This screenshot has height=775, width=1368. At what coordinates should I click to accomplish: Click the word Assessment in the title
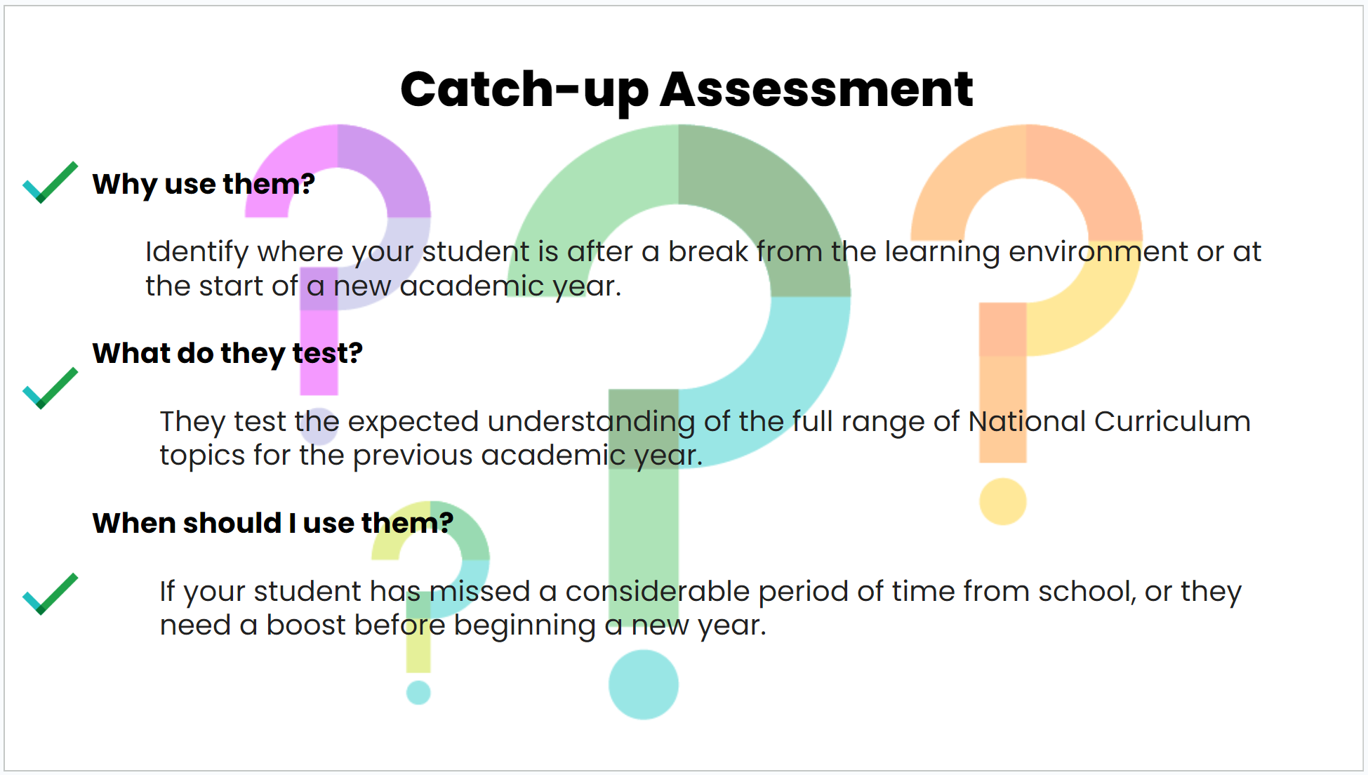(816, 89)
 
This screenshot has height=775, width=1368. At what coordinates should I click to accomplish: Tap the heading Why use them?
(204, 184)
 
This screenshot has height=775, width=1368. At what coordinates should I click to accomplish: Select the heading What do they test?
(227, 353)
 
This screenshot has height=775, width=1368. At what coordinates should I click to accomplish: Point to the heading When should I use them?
(273, 523)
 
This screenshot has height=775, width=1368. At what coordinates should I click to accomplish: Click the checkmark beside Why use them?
(51, 183)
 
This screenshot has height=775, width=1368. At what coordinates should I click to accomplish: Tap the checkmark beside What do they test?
(51, 388)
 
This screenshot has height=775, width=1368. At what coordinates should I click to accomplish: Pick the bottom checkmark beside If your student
(51, 594)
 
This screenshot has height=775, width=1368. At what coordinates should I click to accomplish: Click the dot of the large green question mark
(644, 684)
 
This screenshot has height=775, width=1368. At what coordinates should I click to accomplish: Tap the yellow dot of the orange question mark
(1003, 501)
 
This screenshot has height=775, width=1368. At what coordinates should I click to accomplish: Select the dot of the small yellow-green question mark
(418, 692)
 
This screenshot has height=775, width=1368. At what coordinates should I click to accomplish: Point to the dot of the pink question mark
(319, 426)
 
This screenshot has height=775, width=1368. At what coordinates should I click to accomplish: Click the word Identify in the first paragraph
(197, 252)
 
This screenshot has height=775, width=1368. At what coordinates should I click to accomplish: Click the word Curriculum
(1172, 421)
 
